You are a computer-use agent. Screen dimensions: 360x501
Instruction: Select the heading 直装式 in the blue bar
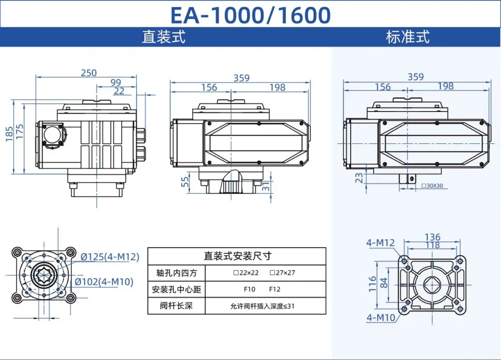[163, 37]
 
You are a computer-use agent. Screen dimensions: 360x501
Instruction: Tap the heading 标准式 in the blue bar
[408, 37]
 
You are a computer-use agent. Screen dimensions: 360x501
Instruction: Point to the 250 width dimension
[89, 73]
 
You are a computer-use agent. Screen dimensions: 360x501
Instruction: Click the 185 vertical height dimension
[9, 134]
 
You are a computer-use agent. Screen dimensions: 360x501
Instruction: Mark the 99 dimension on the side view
[115, 83]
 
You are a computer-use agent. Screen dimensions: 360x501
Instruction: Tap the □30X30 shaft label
[432, 186]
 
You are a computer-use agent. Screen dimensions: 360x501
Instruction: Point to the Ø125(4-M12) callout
[110, 257]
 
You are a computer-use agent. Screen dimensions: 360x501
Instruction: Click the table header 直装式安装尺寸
[237, 256]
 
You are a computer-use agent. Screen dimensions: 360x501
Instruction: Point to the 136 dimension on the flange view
[432, 237]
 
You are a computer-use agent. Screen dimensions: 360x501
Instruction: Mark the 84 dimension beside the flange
[385, 283]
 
